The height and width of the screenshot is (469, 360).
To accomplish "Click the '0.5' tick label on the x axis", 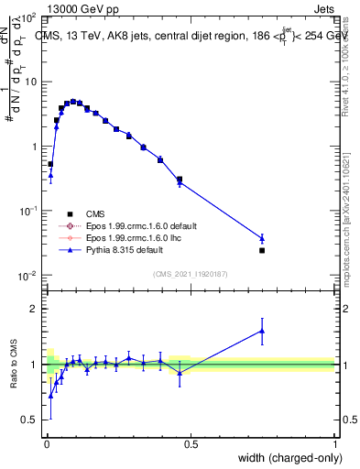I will (190, 443).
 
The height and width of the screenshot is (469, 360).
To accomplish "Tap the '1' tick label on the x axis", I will (334, 443).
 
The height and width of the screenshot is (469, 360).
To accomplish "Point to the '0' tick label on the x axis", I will (46, 443).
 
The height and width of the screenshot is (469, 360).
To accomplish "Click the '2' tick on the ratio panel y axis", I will (36, 309).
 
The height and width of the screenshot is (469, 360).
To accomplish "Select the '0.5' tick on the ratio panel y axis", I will (31, 420).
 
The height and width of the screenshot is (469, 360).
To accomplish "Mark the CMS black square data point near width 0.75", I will (262, 250).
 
